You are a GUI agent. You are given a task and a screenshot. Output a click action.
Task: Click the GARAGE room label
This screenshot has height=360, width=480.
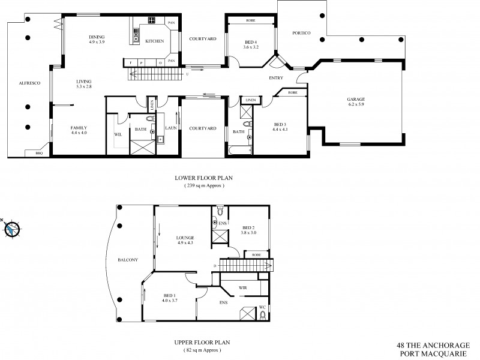point(356,99)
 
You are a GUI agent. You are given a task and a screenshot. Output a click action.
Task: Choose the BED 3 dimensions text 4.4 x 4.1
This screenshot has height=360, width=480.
point(280,129)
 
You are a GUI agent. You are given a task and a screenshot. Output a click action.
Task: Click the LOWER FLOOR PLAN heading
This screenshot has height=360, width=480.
point(204,178)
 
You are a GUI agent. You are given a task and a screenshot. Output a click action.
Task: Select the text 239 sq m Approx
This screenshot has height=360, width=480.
point(204,187)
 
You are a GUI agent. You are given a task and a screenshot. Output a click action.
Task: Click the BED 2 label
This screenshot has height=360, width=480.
point(250,228)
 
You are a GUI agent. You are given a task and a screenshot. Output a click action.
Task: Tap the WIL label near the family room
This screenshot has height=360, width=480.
point(118,134)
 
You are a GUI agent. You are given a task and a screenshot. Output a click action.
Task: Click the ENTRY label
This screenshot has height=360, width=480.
point(277,77)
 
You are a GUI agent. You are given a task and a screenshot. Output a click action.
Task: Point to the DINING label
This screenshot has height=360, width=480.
point(97,37)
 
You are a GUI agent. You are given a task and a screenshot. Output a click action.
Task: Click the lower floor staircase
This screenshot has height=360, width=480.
point(154,74)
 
